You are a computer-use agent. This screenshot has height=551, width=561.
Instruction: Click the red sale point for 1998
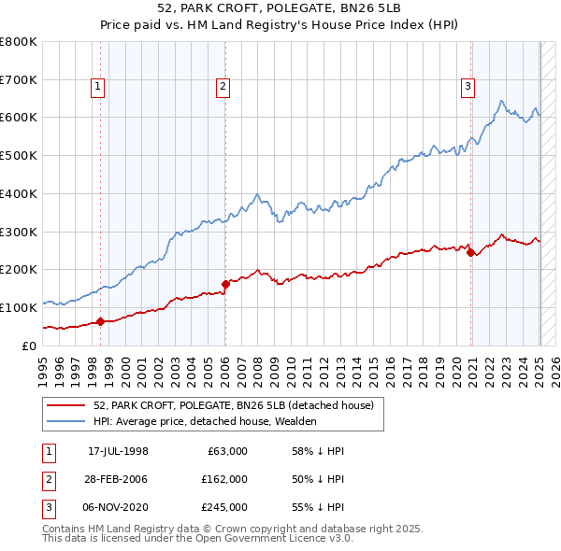pos(101,322)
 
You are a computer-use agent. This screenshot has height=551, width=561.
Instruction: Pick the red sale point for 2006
pos(225,284)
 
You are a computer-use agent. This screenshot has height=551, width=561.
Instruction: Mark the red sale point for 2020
pos(470,252)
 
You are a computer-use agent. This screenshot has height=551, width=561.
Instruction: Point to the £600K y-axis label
pos(18,118)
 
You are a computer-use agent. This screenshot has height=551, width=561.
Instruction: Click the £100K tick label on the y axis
pos(18,307)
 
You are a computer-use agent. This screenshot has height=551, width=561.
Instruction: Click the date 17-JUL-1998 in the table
pos(118,451)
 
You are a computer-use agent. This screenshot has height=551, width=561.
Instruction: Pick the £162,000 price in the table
pos(224,479)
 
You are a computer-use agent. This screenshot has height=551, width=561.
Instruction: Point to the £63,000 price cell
pos(227,451)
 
